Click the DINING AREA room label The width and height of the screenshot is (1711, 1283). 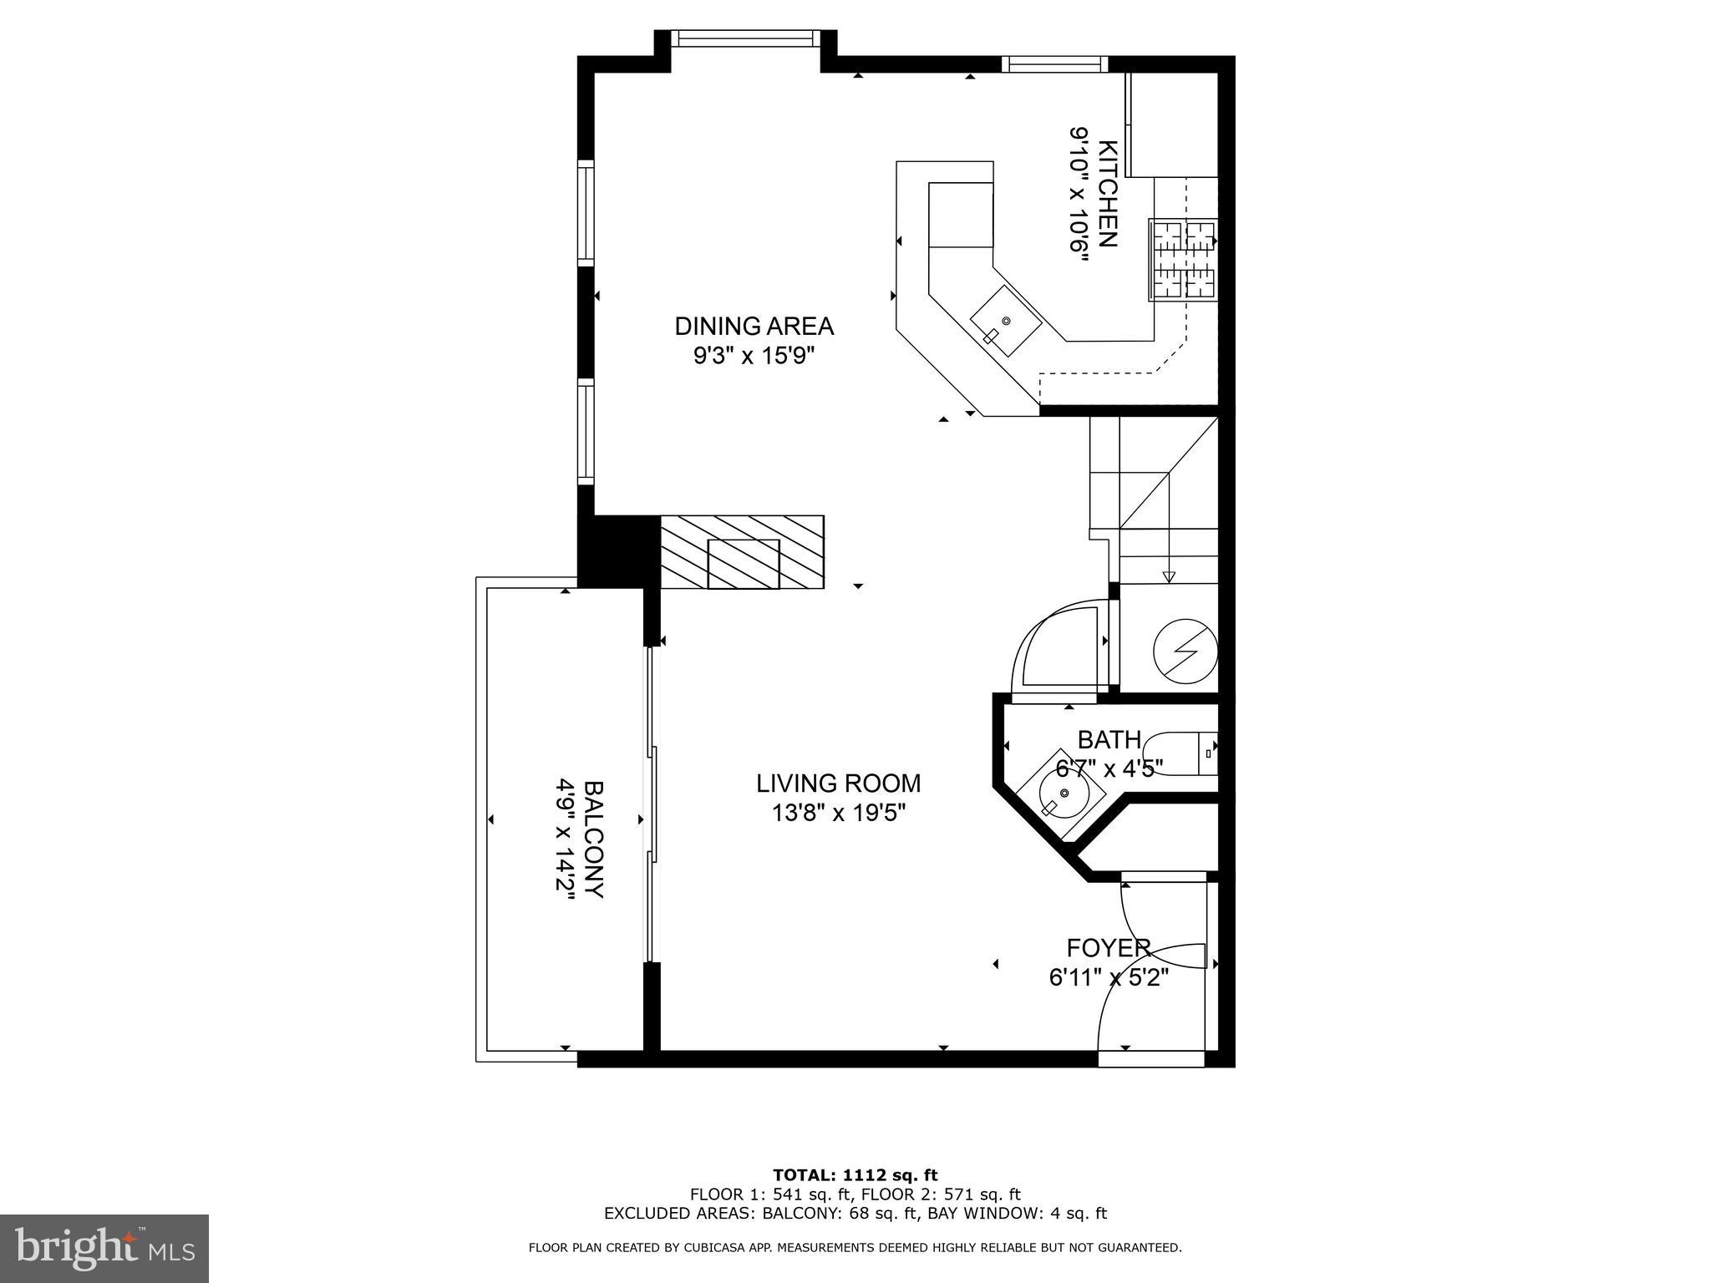pos(754,326)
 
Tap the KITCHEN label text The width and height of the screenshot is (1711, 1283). pos(1107,194)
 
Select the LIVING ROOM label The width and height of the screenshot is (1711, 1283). pos(838,783)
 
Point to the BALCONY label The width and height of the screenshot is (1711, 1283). pos(593,839)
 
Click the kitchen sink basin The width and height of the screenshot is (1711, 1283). pos(1005,322)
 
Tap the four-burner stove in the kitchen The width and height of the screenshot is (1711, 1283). pos(1184,260)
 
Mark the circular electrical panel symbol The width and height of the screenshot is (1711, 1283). pos(1185,650)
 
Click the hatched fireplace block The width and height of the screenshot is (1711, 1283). pos(742,553)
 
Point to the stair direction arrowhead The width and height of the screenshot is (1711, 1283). pos(1169,576)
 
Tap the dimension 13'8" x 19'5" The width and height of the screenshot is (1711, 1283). pos(838,813)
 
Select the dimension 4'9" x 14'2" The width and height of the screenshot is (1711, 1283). pos(566,839)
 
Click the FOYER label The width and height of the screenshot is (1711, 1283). pos(1109,948)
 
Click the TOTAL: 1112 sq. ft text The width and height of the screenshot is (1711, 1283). pos(855,1176)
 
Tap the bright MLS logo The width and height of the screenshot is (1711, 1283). pos(104,1249)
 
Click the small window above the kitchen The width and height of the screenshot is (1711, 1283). pos(1054,64)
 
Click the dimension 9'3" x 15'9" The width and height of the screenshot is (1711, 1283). pos(754,357)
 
